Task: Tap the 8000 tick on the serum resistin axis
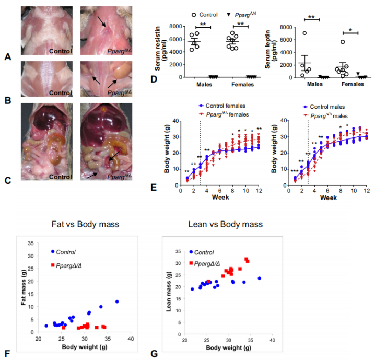[x=175, y=26]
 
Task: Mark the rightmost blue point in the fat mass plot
[x=117, y=301]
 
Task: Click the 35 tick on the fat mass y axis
[x=31, y=243]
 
